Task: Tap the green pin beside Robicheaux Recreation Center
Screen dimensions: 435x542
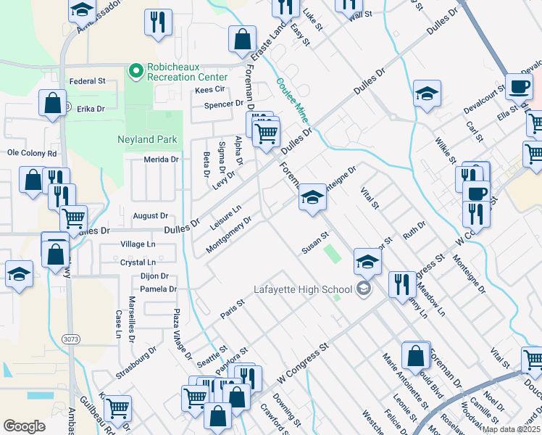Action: click(x=135, y=70)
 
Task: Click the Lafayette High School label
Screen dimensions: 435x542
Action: click(x=302, y=290)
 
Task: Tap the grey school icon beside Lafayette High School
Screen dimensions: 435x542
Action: click(x=364, y=290)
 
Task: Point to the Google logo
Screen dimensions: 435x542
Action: click(x=25, y=426)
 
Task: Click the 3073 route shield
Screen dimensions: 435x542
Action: click(x=70, y=338)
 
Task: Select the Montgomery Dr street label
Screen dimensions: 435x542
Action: click(x=228, y=234)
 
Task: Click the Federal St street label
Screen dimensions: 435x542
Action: click(x=87, y=82)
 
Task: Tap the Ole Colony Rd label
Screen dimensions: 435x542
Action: click(x=32, y=154)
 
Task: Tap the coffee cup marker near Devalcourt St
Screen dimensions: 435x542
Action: click(x=518, y=87)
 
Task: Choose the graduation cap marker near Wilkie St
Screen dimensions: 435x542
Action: click(x=427, y=93)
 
